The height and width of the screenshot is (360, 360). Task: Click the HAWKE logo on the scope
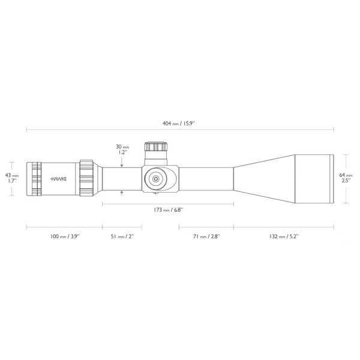[59, 179]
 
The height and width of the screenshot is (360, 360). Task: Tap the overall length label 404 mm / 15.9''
[179, 124]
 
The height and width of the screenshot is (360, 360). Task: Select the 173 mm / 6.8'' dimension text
[168, 210]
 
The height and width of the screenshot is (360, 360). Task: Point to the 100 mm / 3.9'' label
[65, 236]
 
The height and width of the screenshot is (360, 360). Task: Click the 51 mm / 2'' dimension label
[122, 236]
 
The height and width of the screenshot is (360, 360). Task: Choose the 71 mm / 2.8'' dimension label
[206, 236]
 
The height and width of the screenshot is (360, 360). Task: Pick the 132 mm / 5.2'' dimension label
[284, 236]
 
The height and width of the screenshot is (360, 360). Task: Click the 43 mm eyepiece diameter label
[12, 178]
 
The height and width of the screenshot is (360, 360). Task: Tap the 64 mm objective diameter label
[346, 178]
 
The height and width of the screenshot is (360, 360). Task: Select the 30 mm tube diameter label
[122, 149]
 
